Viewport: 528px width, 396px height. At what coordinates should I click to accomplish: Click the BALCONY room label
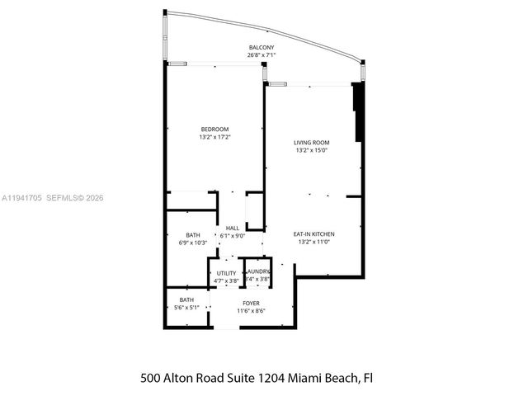(x=262, y=48)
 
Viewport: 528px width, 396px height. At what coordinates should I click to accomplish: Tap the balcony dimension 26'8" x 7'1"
(x=262, y=56)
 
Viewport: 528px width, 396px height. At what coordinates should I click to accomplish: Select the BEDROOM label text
(x=214, y=129)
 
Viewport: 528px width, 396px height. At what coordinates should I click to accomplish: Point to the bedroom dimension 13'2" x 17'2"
(x=214, y=137)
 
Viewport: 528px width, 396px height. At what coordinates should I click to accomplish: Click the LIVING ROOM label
(x=312, y=142)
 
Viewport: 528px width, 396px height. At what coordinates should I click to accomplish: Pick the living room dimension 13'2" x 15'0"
(x=312, y=150)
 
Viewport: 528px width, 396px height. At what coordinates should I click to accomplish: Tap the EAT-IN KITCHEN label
(x=313, y=234)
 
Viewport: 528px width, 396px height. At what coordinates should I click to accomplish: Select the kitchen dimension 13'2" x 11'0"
(x=313, y=243)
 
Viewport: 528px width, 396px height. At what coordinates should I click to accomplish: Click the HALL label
(x=233, y=228)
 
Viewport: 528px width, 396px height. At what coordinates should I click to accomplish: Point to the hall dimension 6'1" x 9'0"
(x=233, y=236)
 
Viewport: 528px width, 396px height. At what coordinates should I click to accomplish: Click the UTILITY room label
(x=226, y=273)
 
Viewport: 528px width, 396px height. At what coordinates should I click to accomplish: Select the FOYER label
(x=252, y=303)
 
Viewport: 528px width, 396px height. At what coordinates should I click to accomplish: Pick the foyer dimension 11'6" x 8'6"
(x=252, y=311)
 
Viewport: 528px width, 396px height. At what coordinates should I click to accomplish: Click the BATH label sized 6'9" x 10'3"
(x=193, y=234)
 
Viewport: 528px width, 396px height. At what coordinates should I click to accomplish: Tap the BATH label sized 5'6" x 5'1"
(x=186, y=299)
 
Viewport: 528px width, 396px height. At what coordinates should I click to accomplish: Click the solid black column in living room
(x=357, y=112)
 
